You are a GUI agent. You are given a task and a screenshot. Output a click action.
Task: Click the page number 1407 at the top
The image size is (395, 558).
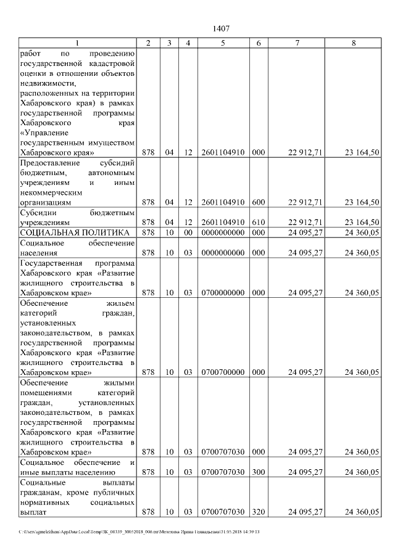tap(221, 29)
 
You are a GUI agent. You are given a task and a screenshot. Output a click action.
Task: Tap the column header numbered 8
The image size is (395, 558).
tap(353, 43)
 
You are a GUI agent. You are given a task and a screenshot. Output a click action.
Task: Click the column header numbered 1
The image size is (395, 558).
tap(77, 43)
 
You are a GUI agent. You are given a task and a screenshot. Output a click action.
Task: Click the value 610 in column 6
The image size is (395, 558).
tap(258, 222)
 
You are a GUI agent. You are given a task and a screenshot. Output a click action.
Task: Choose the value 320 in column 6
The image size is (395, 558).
tap(258, 512)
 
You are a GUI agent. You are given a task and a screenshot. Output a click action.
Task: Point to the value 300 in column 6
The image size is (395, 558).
tap(258, 472)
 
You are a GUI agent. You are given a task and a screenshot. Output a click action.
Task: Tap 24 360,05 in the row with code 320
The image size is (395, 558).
tap(362, 512)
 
